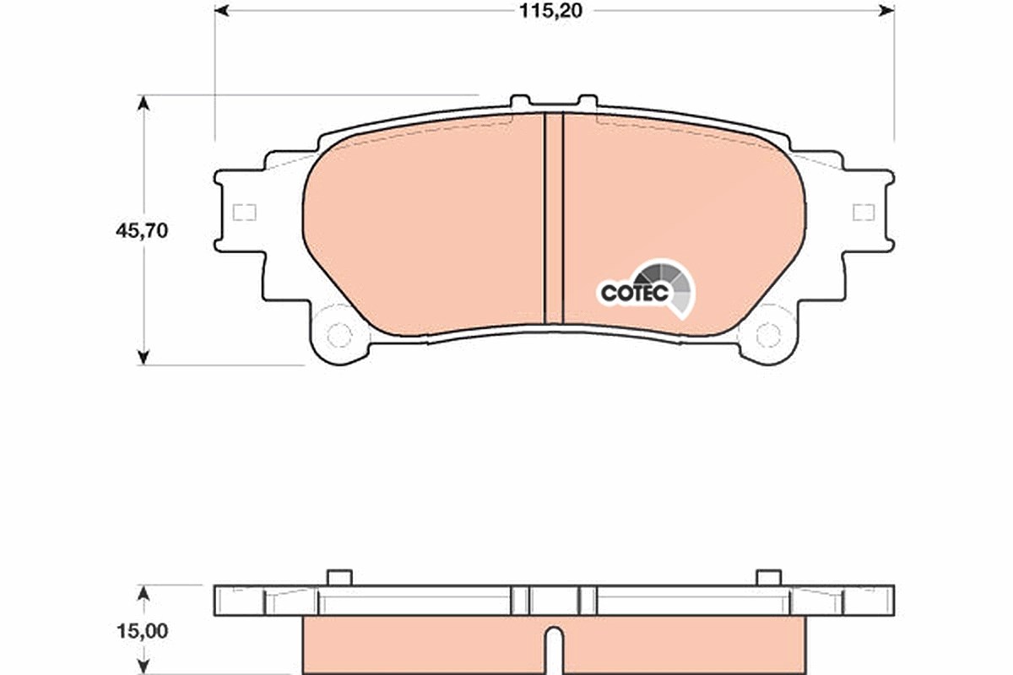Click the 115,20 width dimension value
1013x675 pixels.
pos(550,11)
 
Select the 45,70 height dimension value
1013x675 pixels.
pos(142,231)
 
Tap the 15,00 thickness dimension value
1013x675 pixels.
pos(143,631)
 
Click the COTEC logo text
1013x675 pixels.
pos(635,293)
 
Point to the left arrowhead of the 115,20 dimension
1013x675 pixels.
pos(221,11)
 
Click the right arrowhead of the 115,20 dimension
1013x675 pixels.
pos(887,11)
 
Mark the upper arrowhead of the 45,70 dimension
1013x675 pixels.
pos(144,103)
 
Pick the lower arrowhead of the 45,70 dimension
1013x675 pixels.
pos(144,357)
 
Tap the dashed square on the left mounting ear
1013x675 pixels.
pos(244,213)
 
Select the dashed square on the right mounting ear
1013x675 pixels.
pos(864,213)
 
